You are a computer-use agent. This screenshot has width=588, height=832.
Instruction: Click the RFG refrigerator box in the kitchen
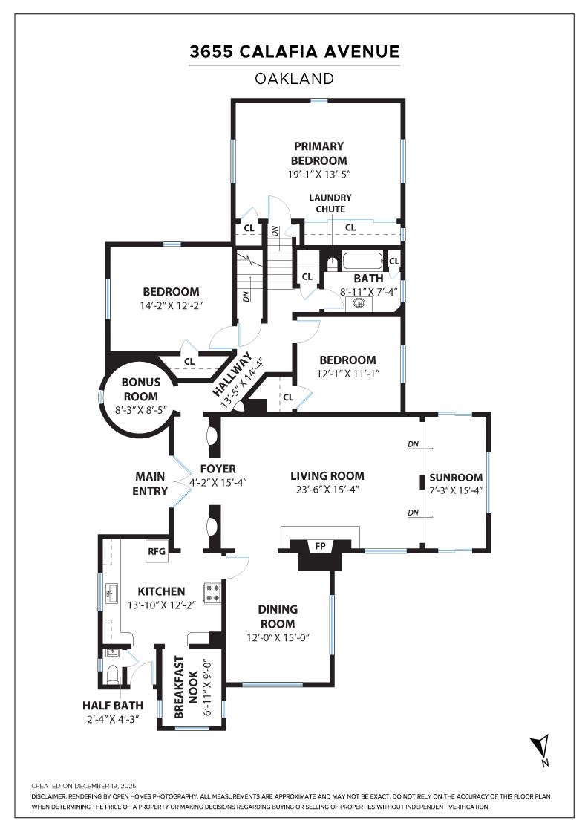click(157, 551)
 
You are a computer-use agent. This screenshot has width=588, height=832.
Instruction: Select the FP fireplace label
click(321, 547)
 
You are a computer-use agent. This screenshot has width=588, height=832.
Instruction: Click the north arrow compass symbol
click(541, 750)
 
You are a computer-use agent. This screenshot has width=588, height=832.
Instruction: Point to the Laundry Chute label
click(330, 203)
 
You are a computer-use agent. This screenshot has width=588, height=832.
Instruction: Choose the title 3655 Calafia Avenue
click(294, 52)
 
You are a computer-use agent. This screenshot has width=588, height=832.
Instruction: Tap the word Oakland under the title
click(294, 78)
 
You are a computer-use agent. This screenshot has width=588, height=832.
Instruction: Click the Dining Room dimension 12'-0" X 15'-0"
click(277, 637)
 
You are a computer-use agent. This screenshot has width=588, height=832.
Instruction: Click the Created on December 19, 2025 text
click(84, 785)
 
